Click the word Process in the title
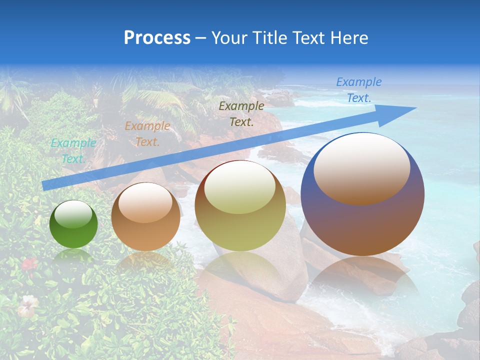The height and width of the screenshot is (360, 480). click(157, 38)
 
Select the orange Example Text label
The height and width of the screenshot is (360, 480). click(147, 134)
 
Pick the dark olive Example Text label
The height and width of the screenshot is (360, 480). click(241, 113)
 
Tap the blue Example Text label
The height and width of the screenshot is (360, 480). click(358, 90)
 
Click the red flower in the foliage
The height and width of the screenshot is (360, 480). click(29, 263)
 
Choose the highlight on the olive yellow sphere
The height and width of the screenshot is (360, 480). click(239, 188)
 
